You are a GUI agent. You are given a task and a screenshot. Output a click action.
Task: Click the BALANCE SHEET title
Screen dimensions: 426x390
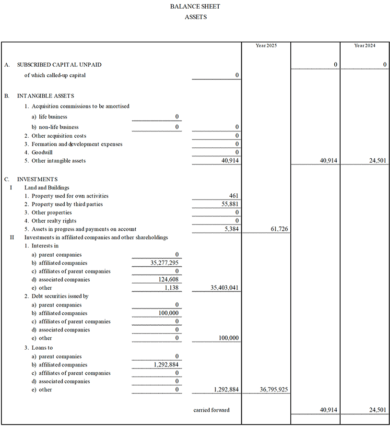[x=195, y=7]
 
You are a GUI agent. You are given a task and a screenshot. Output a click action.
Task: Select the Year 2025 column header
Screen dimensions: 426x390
[x=266, y=46]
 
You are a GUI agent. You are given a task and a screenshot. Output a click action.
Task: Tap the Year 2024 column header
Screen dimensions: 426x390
[x=365, y=46]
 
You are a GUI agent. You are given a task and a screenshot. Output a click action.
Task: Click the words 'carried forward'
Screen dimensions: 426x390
[x=212, y=410]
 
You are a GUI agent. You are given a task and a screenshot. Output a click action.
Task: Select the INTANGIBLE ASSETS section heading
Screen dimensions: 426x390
[x=46, y=96]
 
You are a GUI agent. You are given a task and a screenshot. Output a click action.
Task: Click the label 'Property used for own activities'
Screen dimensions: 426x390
[x=70, y=196]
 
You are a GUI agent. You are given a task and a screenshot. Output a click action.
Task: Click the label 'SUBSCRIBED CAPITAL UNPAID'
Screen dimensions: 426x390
[x=59, y=65]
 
